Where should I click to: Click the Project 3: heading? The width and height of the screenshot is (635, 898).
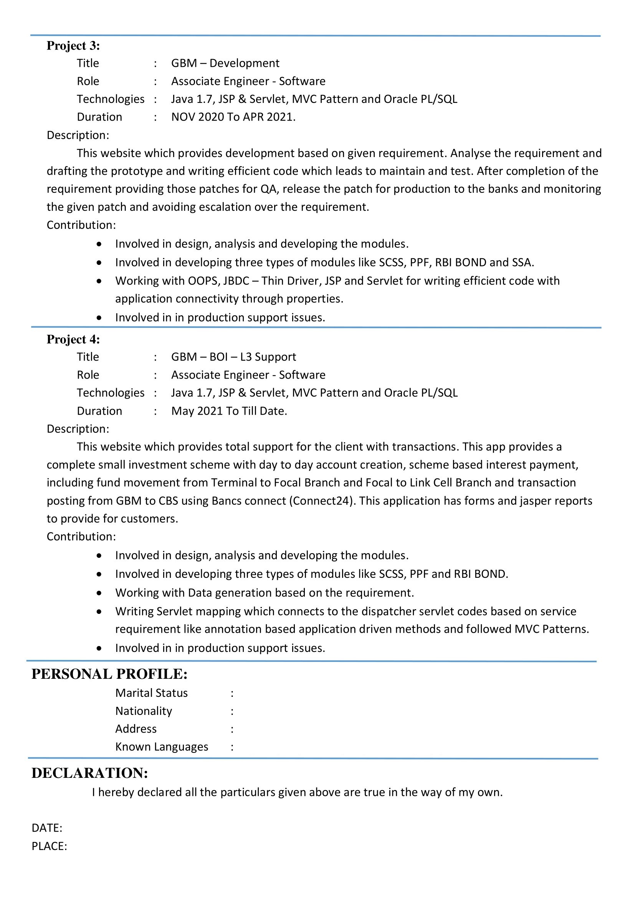tap(73, 46)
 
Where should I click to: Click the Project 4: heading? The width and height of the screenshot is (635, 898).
tap(73, 339)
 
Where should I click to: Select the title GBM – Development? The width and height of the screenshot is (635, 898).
tap(225, 63)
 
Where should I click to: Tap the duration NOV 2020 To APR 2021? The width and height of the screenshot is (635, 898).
tap(233, 117)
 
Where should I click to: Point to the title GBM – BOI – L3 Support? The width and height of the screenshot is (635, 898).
tap(233, 357)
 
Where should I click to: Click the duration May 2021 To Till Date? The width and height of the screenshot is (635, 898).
tap(229, 411)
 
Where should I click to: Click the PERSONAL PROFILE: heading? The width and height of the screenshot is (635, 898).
tap(109, 674)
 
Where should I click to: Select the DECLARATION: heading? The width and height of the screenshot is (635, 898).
tap(89, 773)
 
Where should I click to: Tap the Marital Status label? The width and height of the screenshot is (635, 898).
tap(151, 693)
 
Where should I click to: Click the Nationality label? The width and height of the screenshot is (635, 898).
tap(144, 711)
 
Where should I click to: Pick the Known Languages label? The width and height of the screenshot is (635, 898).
tap(162, 747)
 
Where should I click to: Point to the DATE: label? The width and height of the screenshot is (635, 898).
tap(47, 828)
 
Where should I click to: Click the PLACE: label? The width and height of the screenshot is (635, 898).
tap(49, 846)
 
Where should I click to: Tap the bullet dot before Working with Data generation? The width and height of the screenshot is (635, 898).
tap(99, 593)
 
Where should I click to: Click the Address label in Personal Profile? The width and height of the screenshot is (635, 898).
tap(136, 729)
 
